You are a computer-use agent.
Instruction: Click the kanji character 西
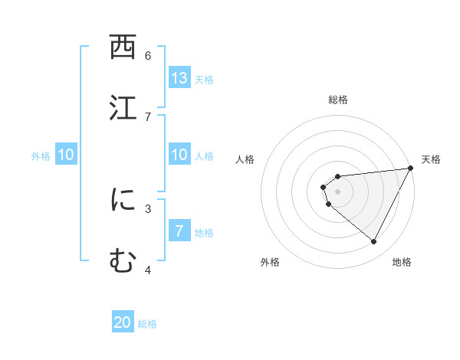click(123, 48)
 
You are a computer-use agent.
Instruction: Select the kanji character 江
click(123, 108)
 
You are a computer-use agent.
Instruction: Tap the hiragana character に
click(123, 200)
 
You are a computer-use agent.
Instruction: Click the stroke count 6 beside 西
click(148, 55)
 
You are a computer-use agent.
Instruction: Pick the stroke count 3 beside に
click(148, 208)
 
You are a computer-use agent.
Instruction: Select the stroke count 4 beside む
click(148, 269)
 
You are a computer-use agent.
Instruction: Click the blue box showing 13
click(179, 78)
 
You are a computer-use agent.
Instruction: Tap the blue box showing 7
click(179, 231)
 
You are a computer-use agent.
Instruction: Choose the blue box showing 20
click(123, 322)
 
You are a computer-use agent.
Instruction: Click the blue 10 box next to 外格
click(66, 155)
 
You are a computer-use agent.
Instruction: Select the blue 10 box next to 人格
click(179, 155)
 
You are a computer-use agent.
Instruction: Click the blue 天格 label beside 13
click(204, 80)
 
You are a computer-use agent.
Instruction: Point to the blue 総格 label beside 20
click(147, 324)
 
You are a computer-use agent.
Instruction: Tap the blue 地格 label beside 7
click(204, 233)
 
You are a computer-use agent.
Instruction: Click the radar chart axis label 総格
click(338, 100)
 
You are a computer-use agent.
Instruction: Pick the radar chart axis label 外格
click(270, 262)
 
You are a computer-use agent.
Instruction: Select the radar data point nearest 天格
click(411, 169)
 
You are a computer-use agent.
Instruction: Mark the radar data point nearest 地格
click(374, 242)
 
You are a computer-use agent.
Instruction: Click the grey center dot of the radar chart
click(338, 191)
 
